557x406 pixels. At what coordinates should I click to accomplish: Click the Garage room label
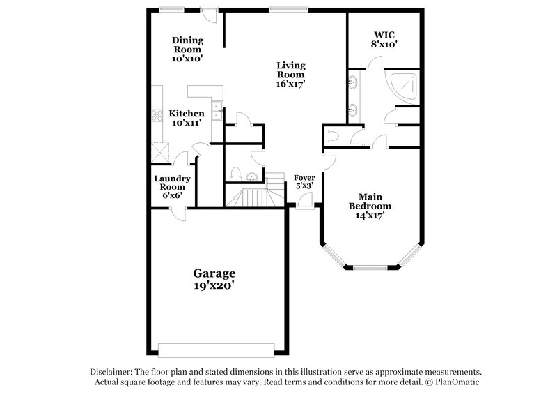[x=214, y=273]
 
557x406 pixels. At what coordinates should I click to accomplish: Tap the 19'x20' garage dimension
[x=214, y=285]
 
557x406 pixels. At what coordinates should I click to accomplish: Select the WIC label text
[x=384, y=33]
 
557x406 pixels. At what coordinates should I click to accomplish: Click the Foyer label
[x=304, y=178]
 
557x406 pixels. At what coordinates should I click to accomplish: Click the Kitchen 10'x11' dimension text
[x=187, y=123]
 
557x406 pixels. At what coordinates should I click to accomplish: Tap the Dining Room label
[x=187, y=45]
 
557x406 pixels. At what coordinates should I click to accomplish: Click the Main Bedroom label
[x=370, y=202]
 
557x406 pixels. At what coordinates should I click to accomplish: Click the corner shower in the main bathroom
[x=406, y=85]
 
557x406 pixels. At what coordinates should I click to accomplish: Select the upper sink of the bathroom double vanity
[x=355, y=84]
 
